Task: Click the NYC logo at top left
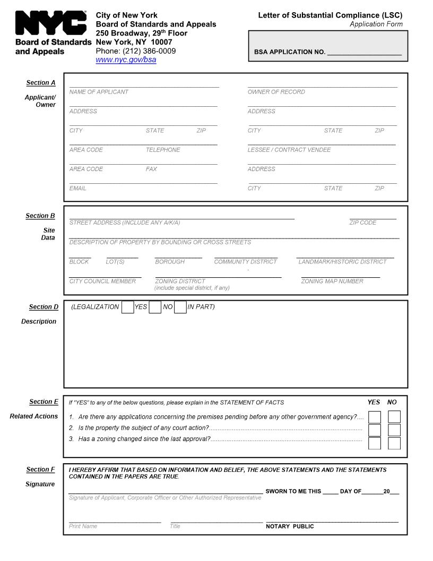click(51, 24)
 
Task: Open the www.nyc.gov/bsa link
click(126, 60)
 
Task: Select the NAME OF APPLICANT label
click(99, 92)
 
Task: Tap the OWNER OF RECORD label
click(276, 92)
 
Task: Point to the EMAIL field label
click(77, 189)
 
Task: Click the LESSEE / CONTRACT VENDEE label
click(289, 150)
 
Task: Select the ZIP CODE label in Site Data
click(362, 223)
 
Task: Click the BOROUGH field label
click(170, 262)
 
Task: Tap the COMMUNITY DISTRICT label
click(245, 262)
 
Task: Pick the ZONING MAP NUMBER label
click(332, 281)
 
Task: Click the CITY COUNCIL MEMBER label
click(102, 281)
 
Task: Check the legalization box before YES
click(127, 307)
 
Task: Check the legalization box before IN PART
click(180, 307)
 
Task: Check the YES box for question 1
click(375, 417)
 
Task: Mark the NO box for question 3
click(394, 443)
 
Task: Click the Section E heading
click(44, 402)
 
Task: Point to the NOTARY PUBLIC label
click(290, 526)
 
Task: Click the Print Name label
click(83, 526)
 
